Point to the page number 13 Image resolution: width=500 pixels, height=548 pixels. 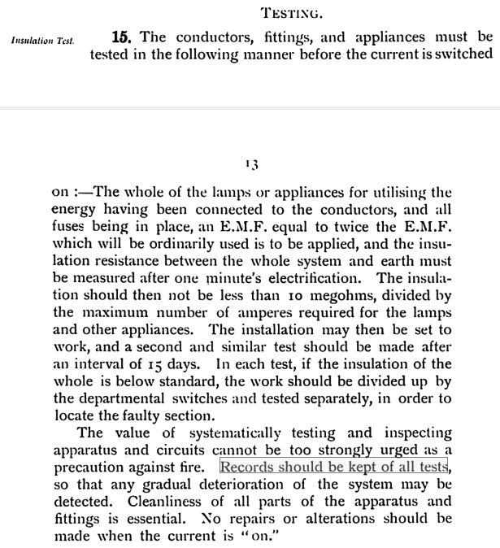coord(251,164)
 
